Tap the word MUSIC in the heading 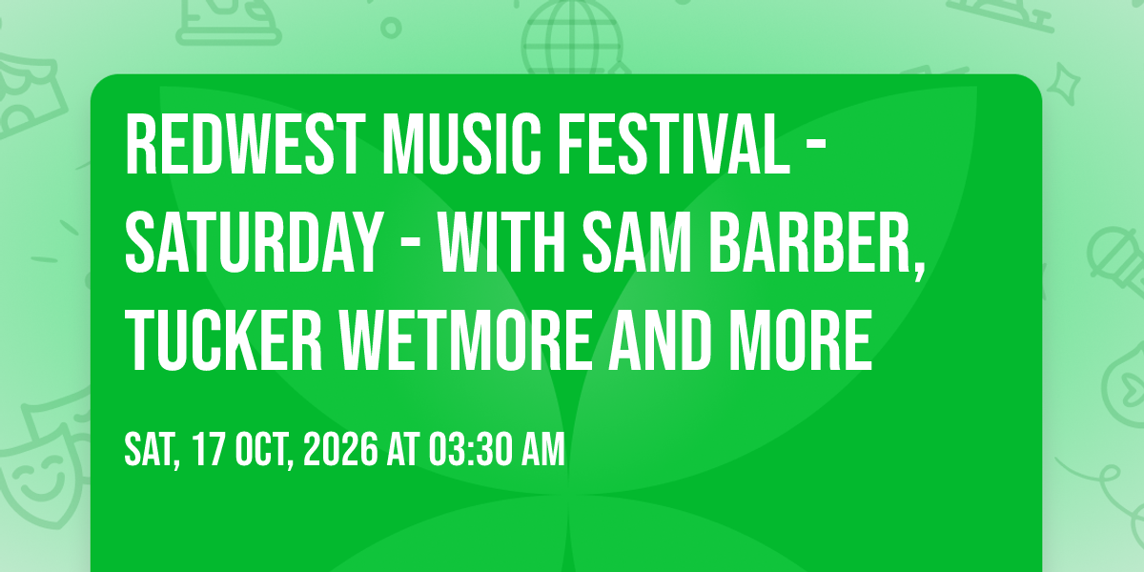(x=462, y=145)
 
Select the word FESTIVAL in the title (x=674, y=145)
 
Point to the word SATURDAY (x=254, y=242)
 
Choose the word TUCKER (x=224, y=340)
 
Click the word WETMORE (x=466, y=340)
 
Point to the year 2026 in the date (x=340, y=449)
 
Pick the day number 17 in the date (x=209, y=449)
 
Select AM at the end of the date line (x=543, y=449)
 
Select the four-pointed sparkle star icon (x=1063, y=83)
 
